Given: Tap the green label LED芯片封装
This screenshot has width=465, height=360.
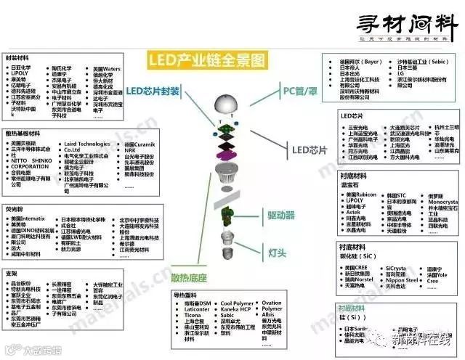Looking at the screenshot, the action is pyautogui.click(x=153, y=91).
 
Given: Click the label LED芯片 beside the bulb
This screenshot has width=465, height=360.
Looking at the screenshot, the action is pyautogui.click(x=310, y=150).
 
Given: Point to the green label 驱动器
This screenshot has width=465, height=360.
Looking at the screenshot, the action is pyautogui.click(x=280, y=216).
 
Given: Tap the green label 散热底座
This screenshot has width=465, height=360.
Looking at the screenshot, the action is pyautogui.click(x=190, y=277).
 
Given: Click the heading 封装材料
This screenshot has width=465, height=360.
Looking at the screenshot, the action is pyautogui.click(x=19, y=57).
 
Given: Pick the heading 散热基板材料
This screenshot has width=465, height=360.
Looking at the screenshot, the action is pyautogui.click(x=23, y=134).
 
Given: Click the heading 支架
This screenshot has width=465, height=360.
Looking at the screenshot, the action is pyautogui.click(x=12, y=274).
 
